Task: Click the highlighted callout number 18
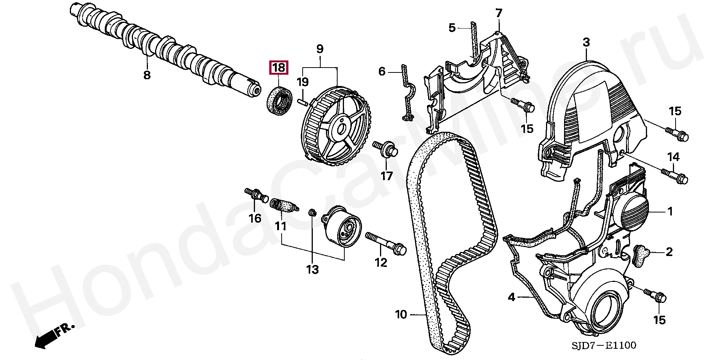279,68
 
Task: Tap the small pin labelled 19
303,101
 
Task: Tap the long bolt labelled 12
385,243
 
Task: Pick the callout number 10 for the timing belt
401,314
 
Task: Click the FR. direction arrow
53,336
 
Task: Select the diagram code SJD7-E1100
604,345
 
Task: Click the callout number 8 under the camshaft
147,75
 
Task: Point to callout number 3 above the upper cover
586,42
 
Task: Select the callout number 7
498,14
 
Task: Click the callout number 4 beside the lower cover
511,297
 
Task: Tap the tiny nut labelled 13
312,213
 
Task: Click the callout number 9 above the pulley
320,49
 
